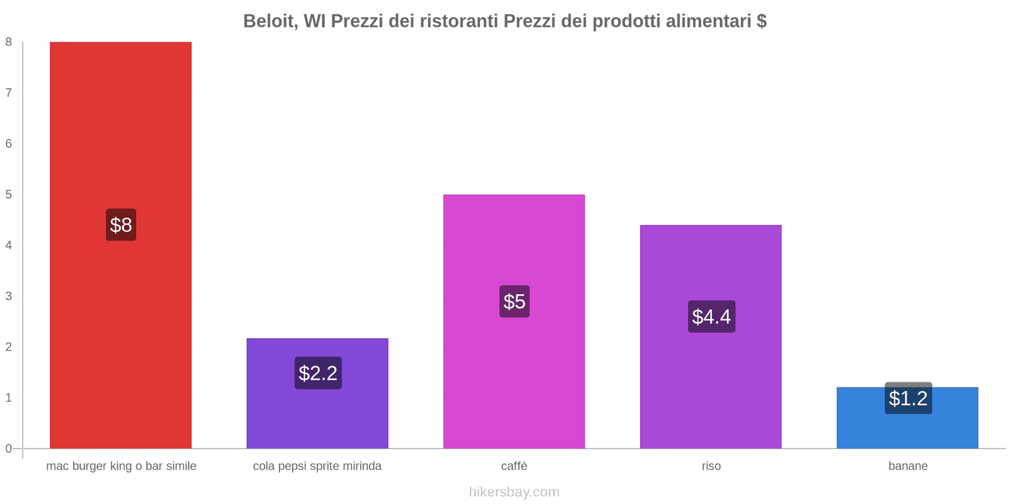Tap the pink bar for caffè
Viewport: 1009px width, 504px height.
pos(514,378)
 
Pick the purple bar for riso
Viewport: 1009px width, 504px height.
pos(711,391)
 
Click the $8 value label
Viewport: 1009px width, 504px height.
pos(121,225)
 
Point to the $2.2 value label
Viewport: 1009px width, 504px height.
pos(318,373)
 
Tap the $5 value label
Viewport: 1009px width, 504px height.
pos(515,301)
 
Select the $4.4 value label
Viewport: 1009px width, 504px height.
pos(711,316)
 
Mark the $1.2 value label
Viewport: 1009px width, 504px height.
pos(908,398)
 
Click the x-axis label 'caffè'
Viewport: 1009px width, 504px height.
pos(514,466)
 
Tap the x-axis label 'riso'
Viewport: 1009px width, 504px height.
pos(711,466)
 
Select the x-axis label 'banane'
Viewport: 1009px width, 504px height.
pos(907,466)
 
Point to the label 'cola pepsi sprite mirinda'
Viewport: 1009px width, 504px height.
pos(317,466)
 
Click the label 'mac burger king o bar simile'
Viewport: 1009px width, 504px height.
pos(121,466)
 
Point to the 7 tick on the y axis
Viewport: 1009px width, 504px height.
pos(9,93)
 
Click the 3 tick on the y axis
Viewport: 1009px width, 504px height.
pos(9,296)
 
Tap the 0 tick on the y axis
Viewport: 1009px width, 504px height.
pos(9,449)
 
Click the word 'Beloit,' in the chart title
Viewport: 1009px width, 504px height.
pos(271,21)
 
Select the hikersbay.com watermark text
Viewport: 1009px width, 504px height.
pos(514,492)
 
